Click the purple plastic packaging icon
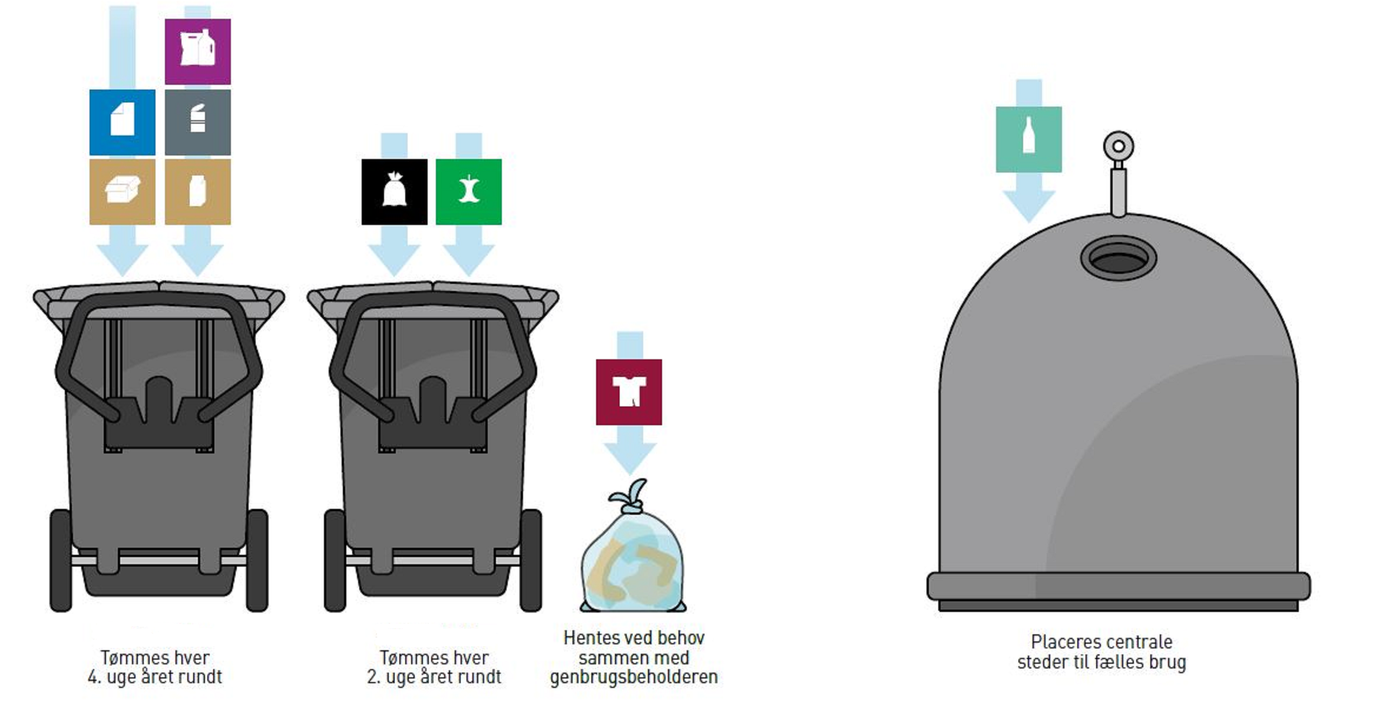click(197, 51)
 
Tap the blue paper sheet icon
click(122, 122)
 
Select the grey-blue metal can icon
click(197, 122)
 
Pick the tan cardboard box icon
click(122, 191)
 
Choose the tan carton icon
click(197, 191)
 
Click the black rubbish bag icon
click(394, 191)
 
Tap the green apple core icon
click(468, 191)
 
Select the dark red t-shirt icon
click(628, 392)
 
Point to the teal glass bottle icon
click(1028, 139)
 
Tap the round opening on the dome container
click(1118, 259)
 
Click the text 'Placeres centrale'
click(1101, 641)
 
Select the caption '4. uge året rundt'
click(154, 677)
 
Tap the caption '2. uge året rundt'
click(434, 677)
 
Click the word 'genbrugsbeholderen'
click(634, 677)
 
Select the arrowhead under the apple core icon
click(468, 259)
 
